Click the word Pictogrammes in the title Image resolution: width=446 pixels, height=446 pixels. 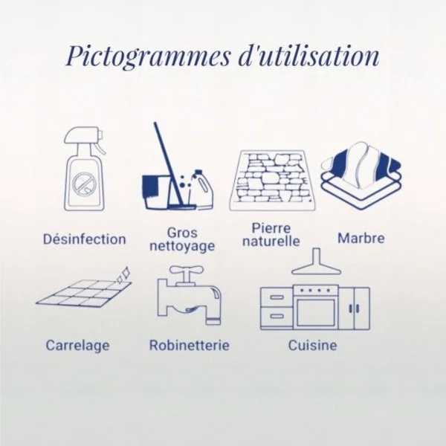click(147, 56)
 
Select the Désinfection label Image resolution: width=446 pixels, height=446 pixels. click(85, 239)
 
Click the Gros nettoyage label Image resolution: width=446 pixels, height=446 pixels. click(182, 239)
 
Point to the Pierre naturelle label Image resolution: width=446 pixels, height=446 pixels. click(271, 235)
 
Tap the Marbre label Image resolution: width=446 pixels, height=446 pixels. click(361, 238)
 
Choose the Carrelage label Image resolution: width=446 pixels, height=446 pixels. click(77, 346)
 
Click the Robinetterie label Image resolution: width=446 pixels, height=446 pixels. click(190, 346)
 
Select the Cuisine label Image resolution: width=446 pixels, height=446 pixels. click(313, 346)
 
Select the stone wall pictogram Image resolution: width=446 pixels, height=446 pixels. click(272, 181)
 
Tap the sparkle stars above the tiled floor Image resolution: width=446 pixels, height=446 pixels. click(123, 274)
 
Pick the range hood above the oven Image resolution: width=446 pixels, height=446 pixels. click(316, 261)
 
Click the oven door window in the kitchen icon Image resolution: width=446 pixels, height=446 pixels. click(316, 312)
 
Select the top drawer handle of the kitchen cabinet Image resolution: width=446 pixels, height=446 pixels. click(277, 297)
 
